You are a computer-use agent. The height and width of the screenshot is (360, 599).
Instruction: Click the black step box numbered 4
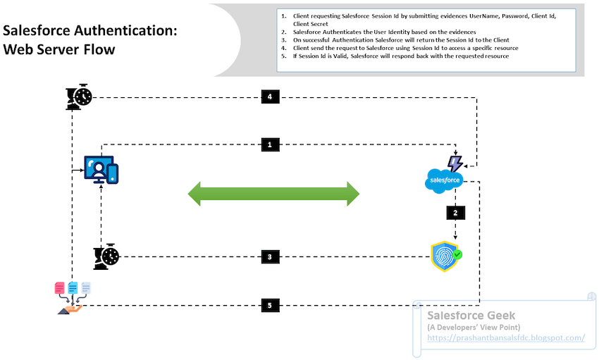(x=270, y=97)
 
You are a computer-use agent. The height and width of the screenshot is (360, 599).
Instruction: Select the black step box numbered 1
(x=270, y=144)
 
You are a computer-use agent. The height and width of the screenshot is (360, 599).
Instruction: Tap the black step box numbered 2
(x=455, y=212)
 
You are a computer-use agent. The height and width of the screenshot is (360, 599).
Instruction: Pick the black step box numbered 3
(x=270, y=257)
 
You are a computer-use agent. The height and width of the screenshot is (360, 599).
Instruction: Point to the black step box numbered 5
(x=270, y=306)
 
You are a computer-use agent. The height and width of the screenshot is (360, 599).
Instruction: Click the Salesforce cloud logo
(x=444, y=181)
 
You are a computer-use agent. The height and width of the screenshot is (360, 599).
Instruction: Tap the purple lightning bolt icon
(x=455, y=163)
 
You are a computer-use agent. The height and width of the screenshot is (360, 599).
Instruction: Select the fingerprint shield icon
(x=445, y=257)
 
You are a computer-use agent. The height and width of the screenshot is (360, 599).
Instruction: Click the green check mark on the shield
(x=457, y=254)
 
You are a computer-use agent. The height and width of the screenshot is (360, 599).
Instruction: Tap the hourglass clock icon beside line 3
(x=105, y=257)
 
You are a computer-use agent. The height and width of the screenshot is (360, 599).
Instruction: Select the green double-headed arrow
(x=273, y=193)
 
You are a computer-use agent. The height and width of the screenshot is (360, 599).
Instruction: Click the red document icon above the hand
(x=60, y=288)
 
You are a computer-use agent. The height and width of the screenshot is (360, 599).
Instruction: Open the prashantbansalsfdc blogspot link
(x=506, y=338)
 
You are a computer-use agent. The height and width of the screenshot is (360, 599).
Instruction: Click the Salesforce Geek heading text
(x=471, y=316)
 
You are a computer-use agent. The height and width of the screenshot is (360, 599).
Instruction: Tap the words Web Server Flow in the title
(x=59, y=50)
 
